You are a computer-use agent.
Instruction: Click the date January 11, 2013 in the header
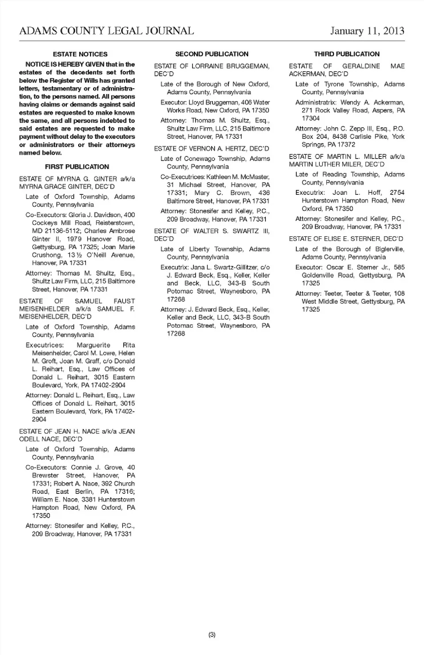pyautogui.click(x=367, y=30)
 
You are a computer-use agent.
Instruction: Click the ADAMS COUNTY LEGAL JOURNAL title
pyautogui.click(x=106, y=30)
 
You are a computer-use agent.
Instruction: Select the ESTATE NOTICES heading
pyautogui.click(x=80, y=54)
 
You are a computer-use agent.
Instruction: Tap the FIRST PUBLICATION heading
pyautogui.click(x=77, y=167)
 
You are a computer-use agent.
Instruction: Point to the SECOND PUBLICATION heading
pyautogui.click(x=212, y=54)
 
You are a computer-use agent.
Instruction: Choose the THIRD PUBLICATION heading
pyautogui.click(x=347, y=54)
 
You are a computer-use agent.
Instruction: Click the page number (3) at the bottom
pyautogui.click(x=212, y=635)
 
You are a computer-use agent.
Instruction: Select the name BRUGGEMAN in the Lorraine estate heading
pyautogui.click(x=248, y=66)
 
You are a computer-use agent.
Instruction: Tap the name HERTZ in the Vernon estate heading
pyautogui.click(x=240, y=149)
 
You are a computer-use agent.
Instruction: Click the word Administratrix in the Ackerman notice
pyautogui.click(x=316, y=102)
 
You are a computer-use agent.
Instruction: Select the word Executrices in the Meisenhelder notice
pyautogui.click(x=45, y=345)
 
